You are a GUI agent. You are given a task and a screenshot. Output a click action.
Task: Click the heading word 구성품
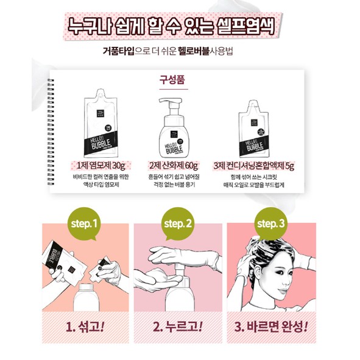tap(180, 79)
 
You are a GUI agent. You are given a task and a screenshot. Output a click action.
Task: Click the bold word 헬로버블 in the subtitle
tap(192, 52)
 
